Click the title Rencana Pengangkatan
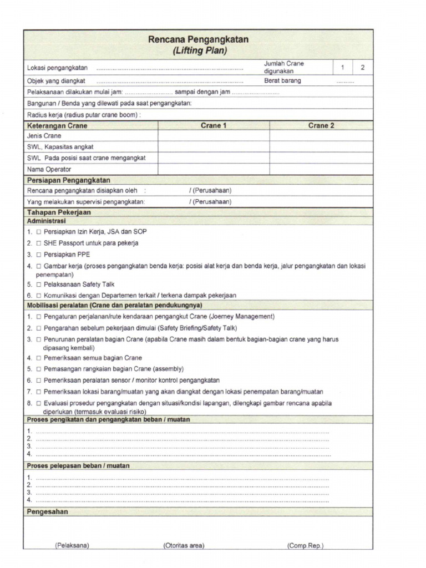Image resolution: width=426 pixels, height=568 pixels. [x=199, y=39]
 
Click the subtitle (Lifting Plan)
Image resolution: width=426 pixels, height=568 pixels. [x=199, y=50]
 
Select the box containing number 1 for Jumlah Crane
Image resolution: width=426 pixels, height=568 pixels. [x=343, y=68]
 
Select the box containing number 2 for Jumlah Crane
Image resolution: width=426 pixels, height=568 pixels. [x=363, y=68]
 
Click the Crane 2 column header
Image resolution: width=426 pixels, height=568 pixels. [x=321, y=126]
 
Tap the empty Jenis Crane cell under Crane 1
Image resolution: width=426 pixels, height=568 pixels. [x=214, y=136]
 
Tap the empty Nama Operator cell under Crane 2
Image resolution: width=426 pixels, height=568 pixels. [x=321, y=169]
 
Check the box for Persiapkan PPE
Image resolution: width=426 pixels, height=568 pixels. [x=39, y=255]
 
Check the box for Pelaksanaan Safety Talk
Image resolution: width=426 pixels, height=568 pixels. [x=39, y=285]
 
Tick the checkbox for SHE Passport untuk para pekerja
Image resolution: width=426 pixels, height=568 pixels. [x=39, y=243]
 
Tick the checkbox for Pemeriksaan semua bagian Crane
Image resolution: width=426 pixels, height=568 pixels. [x=39, y=358]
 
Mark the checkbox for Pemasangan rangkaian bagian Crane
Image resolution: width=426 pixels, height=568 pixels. [x=39, y=369]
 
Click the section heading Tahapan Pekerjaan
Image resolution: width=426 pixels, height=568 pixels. [x=59, y=212]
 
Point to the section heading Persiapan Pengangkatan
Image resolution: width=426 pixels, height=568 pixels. [x=68, y=180]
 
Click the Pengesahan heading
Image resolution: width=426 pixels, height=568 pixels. [x=47, y=512]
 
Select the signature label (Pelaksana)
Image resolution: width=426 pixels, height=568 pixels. [x=72, y=546]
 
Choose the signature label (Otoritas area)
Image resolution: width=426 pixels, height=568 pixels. [x=184, y=546]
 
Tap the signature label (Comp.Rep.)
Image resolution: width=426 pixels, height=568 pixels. [x=305, y=546]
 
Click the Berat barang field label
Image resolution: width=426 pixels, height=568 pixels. [x=282, y=80]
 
